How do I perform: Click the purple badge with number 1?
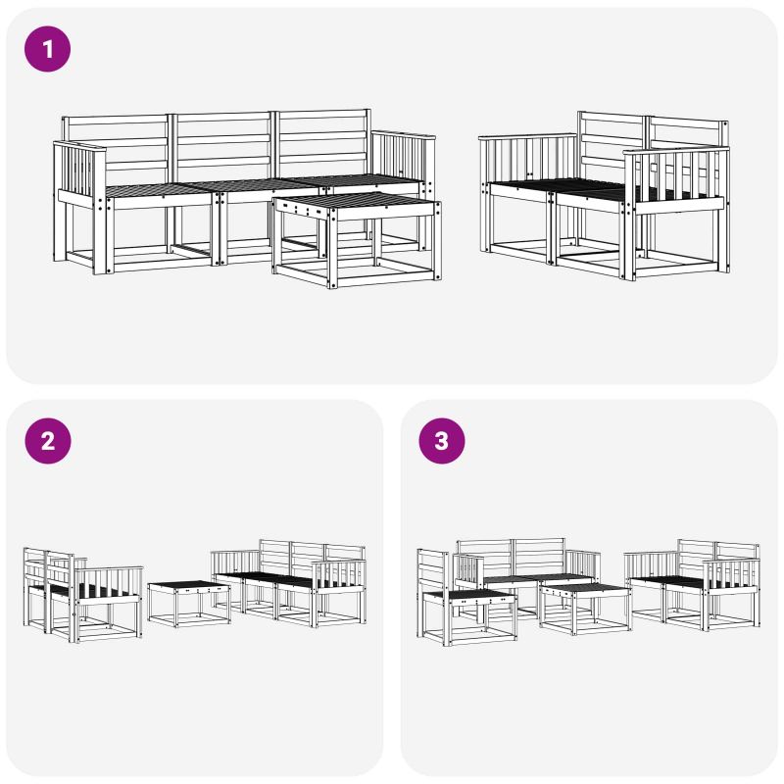point(47,49)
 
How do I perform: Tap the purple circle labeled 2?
point(47,441)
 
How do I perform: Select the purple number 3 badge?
point(442,441)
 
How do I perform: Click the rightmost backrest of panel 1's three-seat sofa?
point(323,142)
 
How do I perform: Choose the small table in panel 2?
point(189,603)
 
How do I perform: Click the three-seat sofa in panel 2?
point(288,583)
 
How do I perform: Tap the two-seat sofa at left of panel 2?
point(83,595)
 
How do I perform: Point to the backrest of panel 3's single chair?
point(433,571)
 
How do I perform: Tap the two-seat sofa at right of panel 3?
point(693,584)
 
